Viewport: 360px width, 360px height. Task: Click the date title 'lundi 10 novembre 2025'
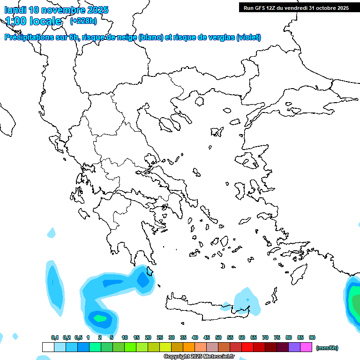click(x=56, y=10)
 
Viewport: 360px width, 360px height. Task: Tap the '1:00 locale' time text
click(x=33, y=21)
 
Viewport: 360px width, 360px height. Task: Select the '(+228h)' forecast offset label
click(x=83, y=21)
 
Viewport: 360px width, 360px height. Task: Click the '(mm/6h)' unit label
click(x=327, y=348)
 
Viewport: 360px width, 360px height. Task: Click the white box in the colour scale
click(x=48, y=347)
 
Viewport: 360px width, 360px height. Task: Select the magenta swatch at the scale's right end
click(x=306, y=347)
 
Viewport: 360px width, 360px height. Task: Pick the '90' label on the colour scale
click(x=312, y=337)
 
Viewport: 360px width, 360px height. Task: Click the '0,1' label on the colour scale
click(x=55, y=337)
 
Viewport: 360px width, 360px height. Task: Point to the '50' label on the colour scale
click(x=218, y=337)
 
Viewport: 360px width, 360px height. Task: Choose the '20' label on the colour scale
click(x=148, y=337)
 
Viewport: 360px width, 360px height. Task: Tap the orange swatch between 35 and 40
click(x=188, y=347)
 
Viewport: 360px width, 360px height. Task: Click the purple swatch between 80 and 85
click(x=294, y=347)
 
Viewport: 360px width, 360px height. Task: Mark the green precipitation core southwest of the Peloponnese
click(x=100, y=318)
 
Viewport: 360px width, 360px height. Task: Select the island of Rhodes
click(x=299, y=272)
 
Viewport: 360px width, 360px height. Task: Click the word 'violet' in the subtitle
click(x=247, y=37)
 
